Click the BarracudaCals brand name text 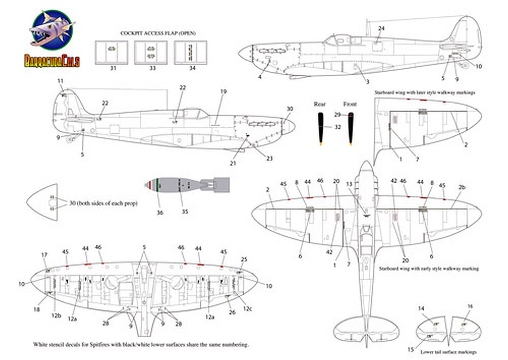coord(51,61)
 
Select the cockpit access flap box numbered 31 coord(111,52)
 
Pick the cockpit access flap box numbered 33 coord(150,52)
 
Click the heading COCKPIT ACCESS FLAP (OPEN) coord(157,33)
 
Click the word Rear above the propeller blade coord(320,104)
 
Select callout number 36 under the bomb coord(161,213)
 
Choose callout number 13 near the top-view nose coord(363,183)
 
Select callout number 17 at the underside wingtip coord(44,255)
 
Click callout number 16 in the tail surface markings coord(470,306)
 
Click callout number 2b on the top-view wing coord(462,188)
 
